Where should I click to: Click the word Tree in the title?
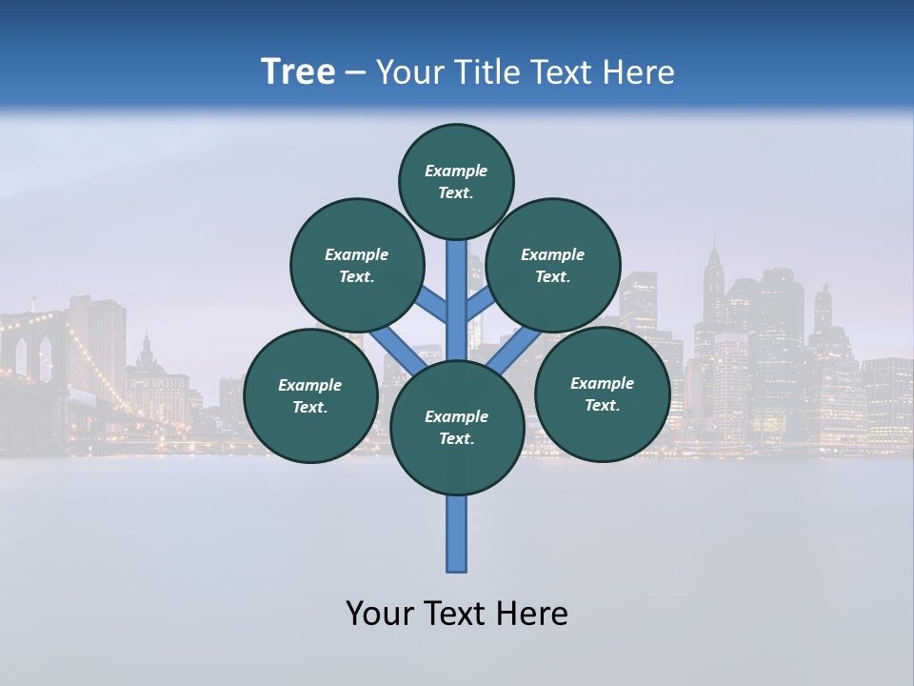click(x=298, y=71)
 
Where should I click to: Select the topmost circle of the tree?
click(x=456, y=181)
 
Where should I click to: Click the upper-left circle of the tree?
click(x=356, y=265)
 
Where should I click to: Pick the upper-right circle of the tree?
click(x=552, y=265)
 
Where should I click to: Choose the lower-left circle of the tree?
click(x=310, y=395)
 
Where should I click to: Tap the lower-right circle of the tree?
click(x=602, y=393)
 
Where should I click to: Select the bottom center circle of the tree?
click(x=457, y=428)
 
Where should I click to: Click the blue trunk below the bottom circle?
click(x=457, y=534)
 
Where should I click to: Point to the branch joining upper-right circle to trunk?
click(x=480, y=305)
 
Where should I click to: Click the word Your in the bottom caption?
click(x=379, y=614)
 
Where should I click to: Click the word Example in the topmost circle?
click(x=456, y=171)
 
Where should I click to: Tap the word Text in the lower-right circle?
click(x=602, y=405)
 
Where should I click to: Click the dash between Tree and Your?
click(x=356, y=72)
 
